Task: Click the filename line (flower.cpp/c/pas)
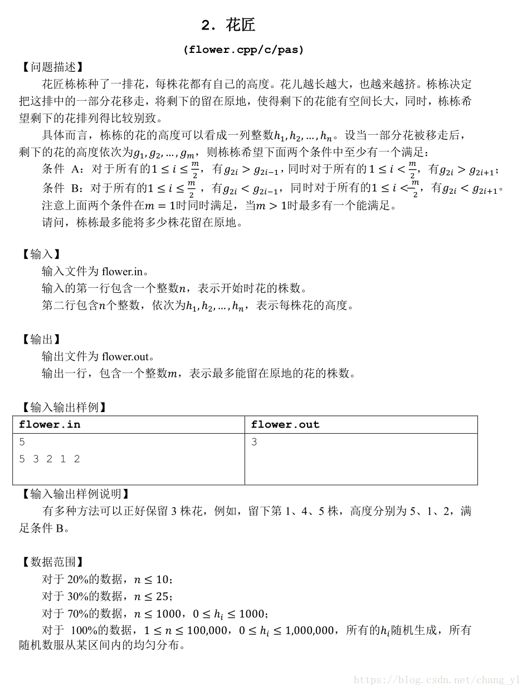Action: click(243, 50)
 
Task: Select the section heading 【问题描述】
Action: click(52, 67)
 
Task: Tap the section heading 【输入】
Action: click(40, 254)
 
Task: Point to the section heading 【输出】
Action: click(40, 339)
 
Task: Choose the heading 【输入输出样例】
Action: click(62, 407)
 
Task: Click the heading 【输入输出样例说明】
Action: click(74, 494)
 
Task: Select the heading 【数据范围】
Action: click(52, 562)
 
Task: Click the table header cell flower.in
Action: click(50, 424)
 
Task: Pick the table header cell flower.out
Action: click(285, 424)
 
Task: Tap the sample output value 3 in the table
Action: click(254, 442)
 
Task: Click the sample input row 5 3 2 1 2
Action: click(50, 459)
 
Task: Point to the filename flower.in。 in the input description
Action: click(125, 272)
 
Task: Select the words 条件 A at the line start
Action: click(61, 169)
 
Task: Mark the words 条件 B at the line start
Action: click(61, 188)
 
